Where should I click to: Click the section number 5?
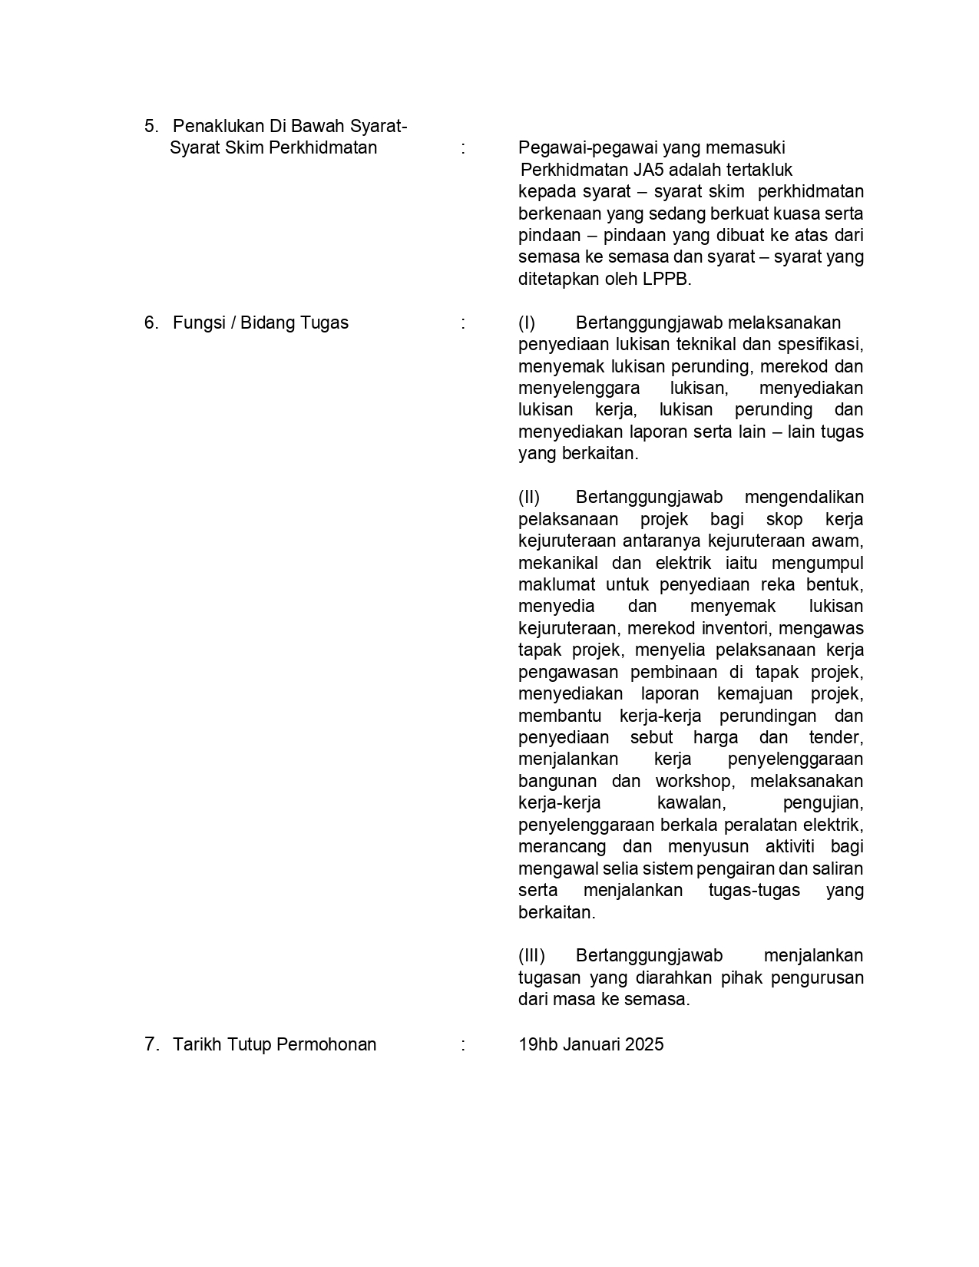click(x=150, y=126)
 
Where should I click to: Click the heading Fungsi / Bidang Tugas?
click(x=260, y=323)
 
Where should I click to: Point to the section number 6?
click(x=150, y=323)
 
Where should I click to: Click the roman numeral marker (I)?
click(x=527, y=323)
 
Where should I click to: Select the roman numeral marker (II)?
click(x=529, y=497)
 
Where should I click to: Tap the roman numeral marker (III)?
click(x=531, y=955)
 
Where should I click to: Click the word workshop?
click(x=693, y=781)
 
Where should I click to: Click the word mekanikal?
click(x=557, y=563)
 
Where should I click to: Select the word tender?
click(x=836, y=737)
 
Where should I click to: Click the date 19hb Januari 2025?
click(x=590, y=1044)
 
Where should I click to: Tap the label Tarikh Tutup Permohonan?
click(x=274, y=1044)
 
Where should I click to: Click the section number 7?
click(x=150, y=1044)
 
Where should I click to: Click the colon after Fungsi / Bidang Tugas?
click(x=463, y=323)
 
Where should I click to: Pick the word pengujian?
click(x=822, y=803)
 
